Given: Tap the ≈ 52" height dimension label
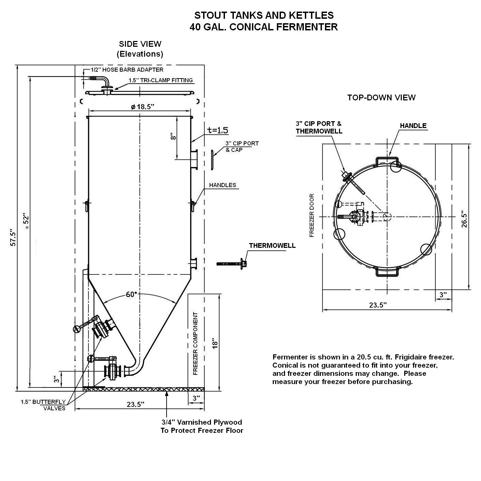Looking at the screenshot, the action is pyautogui.click(x=26, y=221).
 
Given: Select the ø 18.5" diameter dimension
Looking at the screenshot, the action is pyautogui.click(x=143, y=107).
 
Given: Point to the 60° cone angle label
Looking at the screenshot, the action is pyautogui.click(x=131, y=295).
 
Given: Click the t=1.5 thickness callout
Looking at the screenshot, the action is pyautogui.click(x=218, y=130).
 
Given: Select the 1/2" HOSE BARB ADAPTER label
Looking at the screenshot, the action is pyautogui.click(x=127, y=70).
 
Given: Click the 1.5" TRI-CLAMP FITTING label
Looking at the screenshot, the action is pyautogui.click(x=161, y=80).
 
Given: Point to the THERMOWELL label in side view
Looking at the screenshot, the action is pyautogui.click(x=272, y=245).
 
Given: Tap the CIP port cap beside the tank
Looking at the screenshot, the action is pyautogui.click(x=212, y=160).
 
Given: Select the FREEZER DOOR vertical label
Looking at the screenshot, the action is pyautogui.click(x=312, y=215).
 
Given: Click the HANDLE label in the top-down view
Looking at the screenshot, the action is pyautogui.click(x=413, y=126).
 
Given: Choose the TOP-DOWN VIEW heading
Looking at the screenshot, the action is pyautogui.click(x=381, y=97).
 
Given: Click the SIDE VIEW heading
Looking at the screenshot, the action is pyautogui.click(x=140, y=44).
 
